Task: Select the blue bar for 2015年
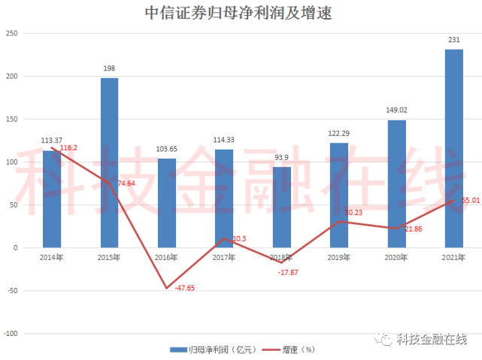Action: pyautogui.click(x=109, y=162)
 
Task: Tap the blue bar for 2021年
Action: pyautogui.click(x=453, y=148)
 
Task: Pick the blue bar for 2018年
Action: pyautogui.click(x=281, y=207)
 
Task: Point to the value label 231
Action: pyautogui.click(x=453, y=41)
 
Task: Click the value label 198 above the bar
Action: pyautogui.click(x=109, y=69)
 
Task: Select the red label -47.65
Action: pyautogui.click(x=184, y=288)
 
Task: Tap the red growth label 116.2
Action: pyautogui.click(x=68, y=148)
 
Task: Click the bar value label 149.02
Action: pyautogui.click(x=396, y=110)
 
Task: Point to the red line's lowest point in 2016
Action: pyautogui.click(x=167, y=288)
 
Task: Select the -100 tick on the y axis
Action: pyautogui.click(x=11, y=333)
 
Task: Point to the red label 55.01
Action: pyautogui.click(x=471, y=201)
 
